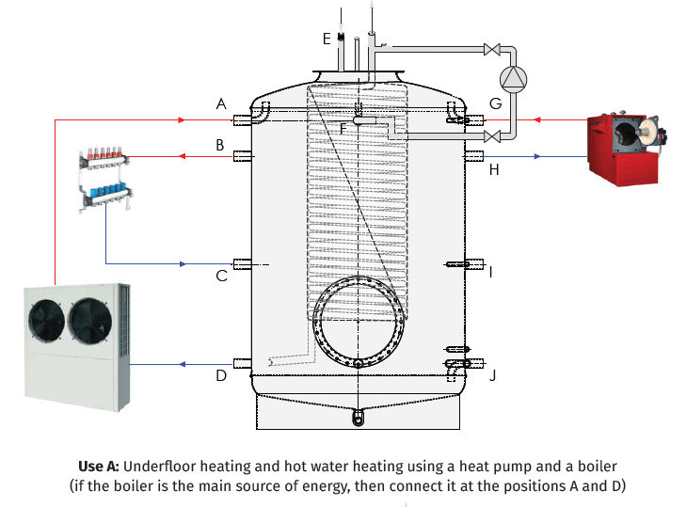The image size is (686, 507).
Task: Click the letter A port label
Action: point(221,104)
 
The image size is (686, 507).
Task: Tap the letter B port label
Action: point(220,145)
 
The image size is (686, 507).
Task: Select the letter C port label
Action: point(222,276)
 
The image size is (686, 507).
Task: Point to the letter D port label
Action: point(221,375)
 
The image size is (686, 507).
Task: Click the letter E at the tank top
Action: point(327,39)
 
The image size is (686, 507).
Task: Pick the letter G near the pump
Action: point(496,103)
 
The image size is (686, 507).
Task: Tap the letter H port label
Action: point(494,169)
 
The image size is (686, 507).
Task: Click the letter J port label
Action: point(493,375)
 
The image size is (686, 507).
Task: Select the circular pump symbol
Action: point(514,79)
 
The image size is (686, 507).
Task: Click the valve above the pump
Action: point(492,50)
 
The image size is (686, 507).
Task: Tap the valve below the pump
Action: point(492,136)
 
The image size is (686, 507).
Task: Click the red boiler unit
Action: point(626,150)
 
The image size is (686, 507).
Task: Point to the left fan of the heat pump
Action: point(46,321)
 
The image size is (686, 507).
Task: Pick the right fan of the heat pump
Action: point(90,320)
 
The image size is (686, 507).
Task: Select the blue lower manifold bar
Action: point(107,195)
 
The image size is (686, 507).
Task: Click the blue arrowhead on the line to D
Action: point(183,364)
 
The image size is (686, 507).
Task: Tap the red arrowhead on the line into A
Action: point(182,119)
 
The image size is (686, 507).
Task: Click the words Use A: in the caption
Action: point(99,467)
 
